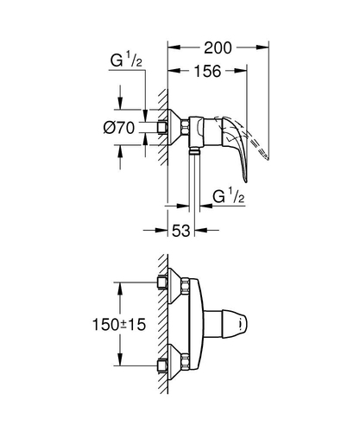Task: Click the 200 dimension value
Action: (x=218, y=48)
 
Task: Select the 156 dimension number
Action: (x=208, y=71)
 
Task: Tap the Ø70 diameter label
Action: (x=119, y=128)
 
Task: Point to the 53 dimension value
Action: (x=181, y=231)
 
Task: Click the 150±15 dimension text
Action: (x=119, y=325)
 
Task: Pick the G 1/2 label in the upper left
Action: (x=126, y=61)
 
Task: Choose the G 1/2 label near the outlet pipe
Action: (x=229, y=197)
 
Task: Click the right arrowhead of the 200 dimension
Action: (x=262, y=47)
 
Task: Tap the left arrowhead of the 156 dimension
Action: (x=174, y=71)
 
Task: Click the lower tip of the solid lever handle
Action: (x=246, y=181)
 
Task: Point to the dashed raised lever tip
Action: (x=268, y=158)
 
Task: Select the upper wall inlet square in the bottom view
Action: (x=162, y=283)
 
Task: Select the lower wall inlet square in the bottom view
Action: (x=162, y=365)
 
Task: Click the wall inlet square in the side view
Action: (x=162, y=127)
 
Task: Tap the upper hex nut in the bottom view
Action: (x=185, y=286)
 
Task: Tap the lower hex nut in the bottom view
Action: (x=185, y=361)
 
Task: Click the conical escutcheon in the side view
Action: (x=174, y=127)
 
